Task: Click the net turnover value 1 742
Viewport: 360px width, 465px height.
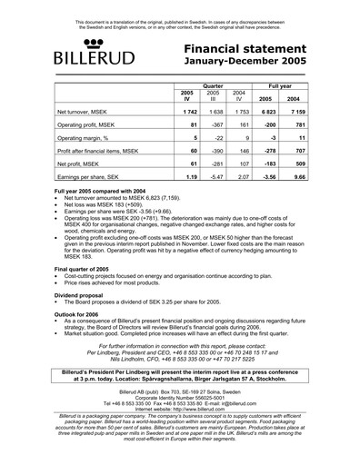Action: (189, 108)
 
